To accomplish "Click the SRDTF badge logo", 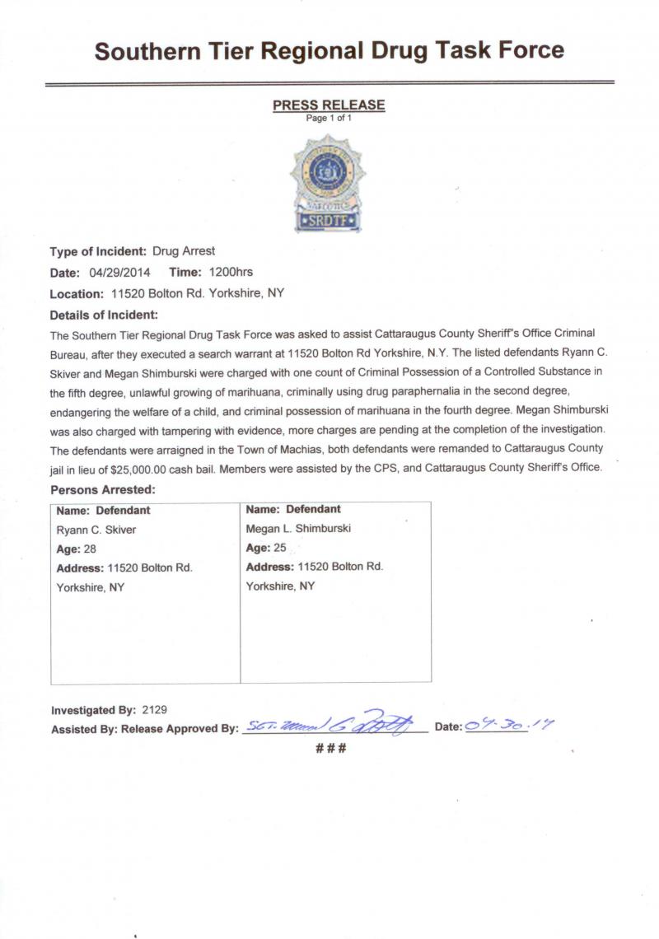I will coord(328,185).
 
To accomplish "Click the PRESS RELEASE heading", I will coord(329,105).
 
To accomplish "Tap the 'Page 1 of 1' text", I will coord(329,119).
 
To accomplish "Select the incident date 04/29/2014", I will coord(119,273).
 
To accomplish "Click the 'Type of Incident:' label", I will coord(98,251).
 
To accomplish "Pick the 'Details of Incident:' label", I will coord(104,315).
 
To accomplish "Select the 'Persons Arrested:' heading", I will coord(103,489).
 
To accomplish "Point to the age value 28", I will coord(90,549).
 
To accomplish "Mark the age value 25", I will coord(279,547).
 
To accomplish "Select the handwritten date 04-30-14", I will coord(509,725).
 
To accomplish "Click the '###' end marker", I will coord(329,749).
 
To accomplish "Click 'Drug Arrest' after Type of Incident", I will coord(184,251).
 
